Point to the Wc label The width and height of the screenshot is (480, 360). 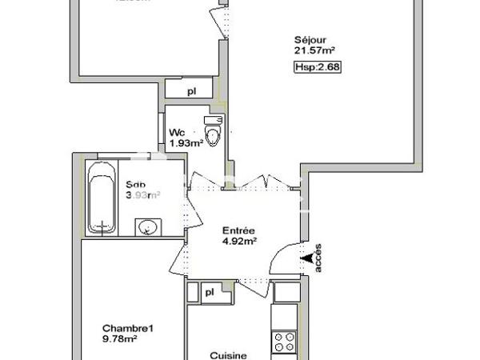[177, 133]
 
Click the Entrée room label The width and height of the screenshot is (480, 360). [239, 229]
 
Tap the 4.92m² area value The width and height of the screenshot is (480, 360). [238, 239]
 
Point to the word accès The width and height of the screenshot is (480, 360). [318, 258]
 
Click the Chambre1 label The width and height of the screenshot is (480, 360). [127, 328]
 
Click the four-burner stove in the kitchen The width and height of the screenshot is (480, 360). [284, 342]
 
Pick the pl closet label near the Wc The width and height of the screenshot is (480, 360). [192, 91]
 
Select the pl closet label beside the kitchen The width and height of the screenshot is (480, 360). [209, 293]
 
